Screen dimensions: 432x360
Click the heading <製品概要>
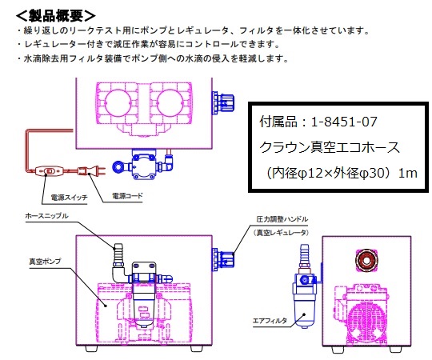[56, 15]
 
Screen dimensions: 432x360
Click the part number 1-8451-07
[344, 122]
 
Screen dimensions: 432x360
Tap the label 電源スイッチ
[69, 198]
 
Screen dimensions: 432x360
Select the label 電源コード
[127, 196]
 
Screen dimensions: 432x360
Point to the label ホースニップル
[47, 216]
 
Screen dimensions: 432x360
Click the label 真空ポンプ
[45, 261]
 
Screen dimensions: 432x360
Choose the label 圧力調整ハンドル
[282, 219]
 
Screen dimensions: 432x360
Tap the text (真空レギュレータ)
[281, 233]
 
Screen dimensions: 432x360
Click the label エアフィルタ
[270, 321]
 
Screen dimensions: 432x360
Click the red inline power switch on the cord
[50, 171]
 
